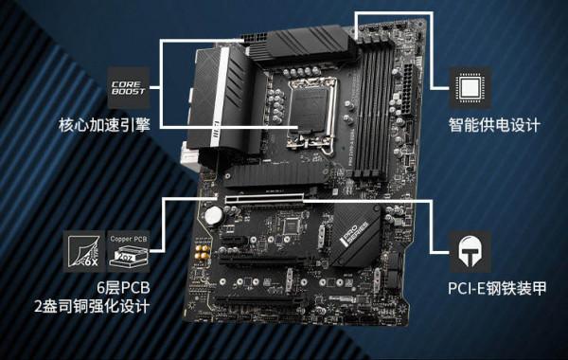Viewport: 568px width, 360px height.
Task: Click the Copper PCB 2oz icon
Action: click(129, 249)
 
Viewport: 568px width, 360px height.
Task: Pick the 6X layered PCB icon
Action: click(86, 249)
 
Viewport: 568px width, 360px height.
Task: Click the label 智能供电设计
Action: click(493, 125)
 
